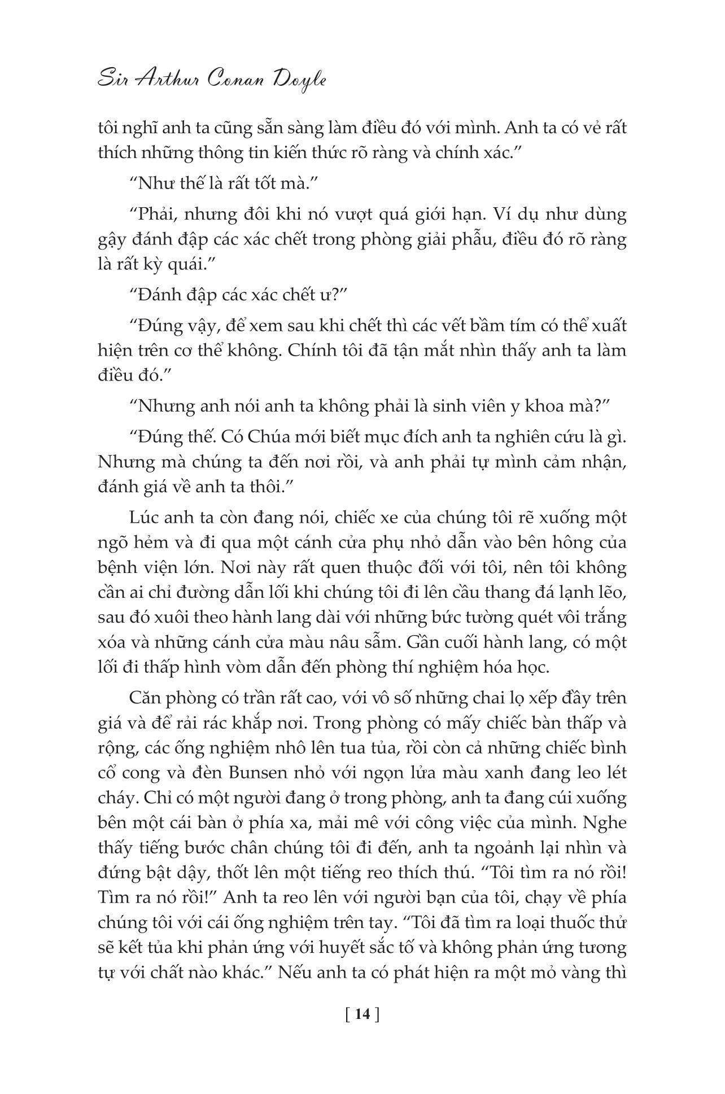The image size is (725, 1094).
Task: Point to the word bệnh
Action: pos(116,568)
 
